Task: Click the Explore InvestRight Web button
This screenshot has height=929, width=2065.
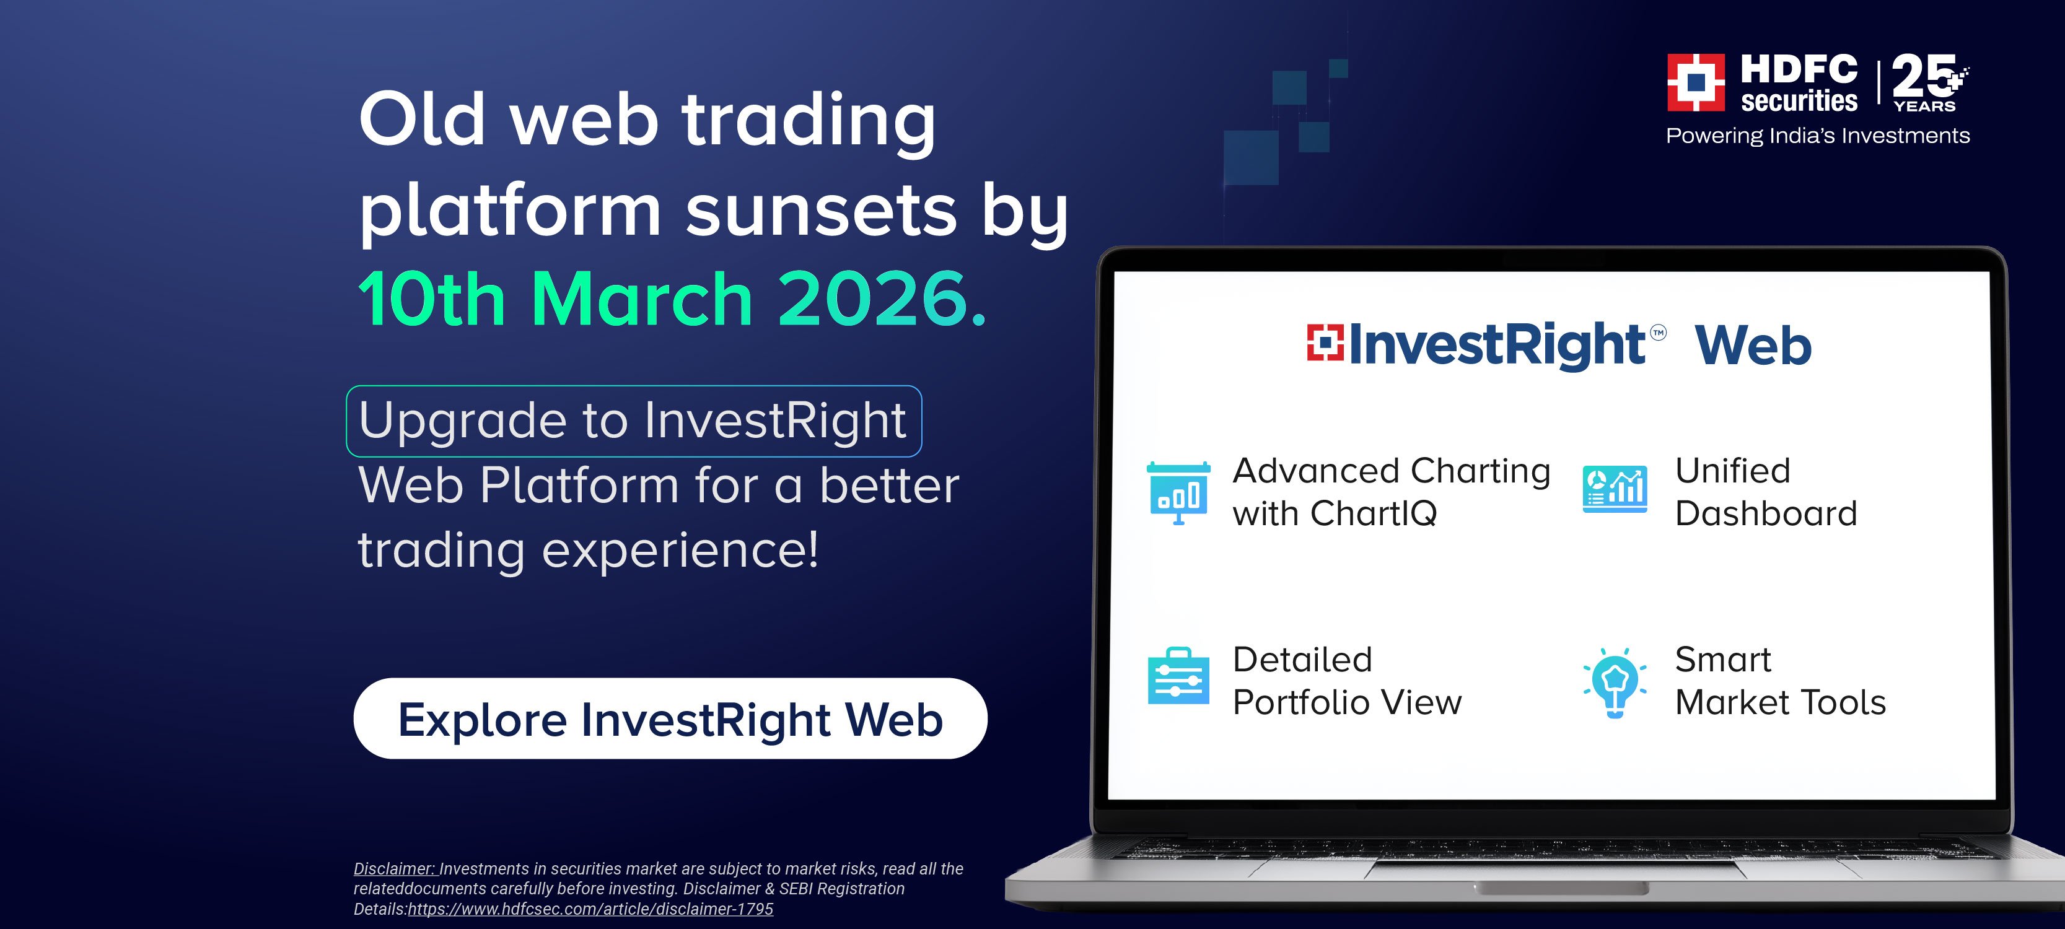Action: (670, 718)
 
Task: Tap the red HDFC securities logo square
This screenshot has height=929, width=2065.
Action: (1696, 82)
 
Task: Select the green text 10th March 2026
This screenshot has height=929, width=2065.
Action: (672, 299)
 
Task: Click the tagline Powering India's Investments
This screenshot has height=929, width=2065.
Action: (1817, 136)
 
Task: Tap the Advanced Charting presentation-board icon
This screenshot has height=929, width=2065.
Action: (1178, 493)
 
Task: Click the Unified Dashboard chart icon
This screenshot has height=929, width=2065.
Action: (1615, 488)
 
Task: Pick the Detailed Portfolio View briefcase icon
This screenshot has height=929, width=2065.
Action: (1178, 676)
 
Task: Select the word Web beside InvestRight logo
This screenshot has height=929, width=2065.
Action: (1753, 346)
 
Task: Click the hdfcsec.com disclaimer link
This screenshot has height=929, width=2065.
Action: (591, 909)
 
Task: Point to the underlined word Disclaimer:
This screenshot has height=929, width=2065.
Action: (395, 869)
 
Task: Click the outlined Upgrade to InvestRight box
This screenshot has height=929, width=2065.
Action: (634, 421)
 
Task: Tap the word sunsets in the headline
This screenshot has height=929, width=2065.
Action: (822, 210)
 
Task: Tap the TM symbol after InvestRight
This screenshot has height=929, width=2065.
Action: (1659, 332)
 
